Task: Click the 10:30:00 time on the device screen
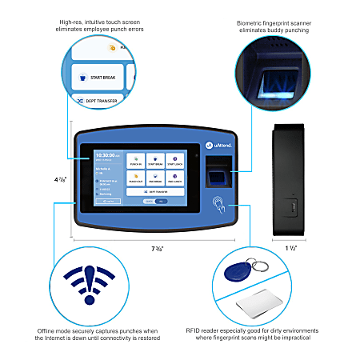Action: pos(106,155)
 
